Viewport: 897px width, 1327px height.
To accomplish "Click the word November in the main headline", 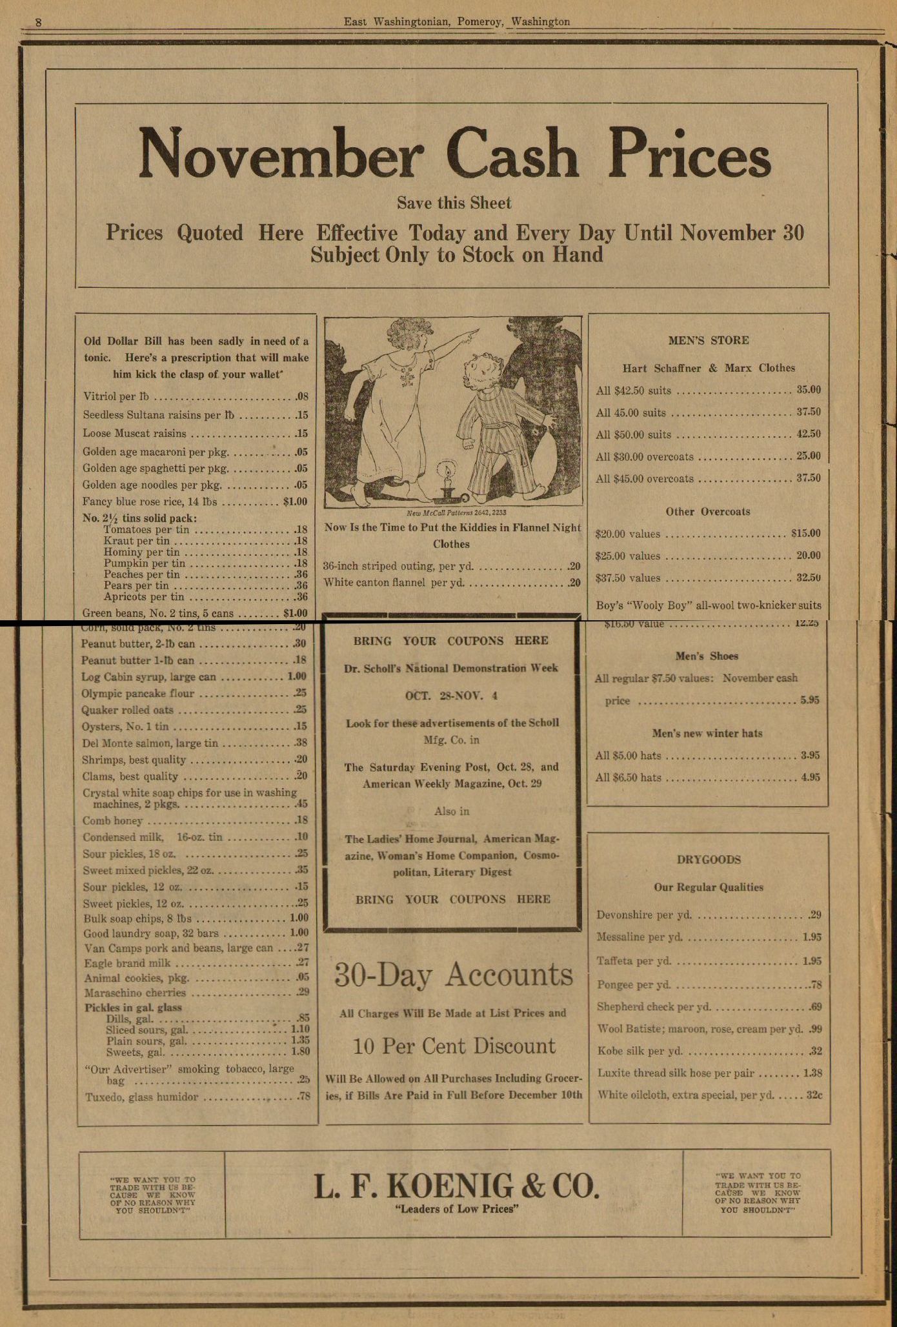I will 281,154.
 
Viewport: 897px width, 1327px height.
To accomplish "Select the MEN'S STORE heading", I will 708,340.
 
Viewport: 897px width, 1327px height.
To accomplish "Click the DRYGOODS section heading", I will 709,859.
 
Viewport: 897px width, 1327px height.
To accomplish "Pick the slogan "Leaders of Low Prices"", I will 456,1209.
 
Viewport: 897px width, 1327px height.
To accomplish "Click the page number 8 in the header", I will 38,22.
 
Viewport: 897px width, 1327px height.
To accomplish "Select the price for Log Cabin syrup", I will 296,676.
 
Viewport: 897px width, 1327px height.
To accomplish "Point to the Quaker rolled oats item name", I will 127,710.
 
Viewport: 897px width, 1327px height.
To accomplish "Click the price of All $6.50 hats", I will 810,777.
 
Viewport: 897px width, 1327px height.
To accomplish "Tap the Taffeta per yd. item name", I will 634,960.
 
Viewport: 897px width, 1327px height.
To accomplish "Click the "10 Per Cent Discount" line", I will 454,1046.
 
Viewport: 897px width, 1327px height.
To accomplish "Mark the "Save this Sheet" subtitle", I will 454,203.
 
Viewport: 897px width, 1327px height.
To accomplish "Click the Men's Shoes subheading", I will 707,656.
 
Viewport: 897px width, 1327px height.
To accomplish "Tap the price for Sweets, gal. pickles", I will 300,1051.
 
